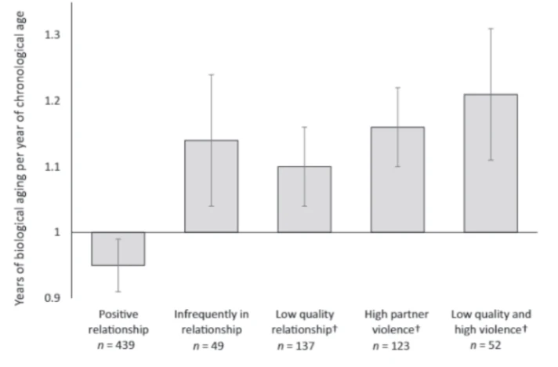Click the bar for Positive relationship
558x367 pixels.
coord(118,249)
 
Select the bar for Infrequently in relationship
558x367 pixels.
coord(211,186)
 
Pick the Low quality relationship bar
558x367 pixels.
coord(304,199)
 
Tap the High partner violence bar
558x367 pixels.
coord(397,180)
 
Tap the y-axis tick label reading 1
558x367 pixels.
coord(58,232)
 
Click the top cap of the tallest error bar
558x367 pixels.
coord(491,28)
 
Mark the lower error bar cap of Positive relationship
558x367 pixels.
coord(118,291)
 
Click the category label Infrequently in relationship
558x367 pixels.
coord(211,322)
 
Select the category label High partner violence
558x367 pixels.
coord(399,322)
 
